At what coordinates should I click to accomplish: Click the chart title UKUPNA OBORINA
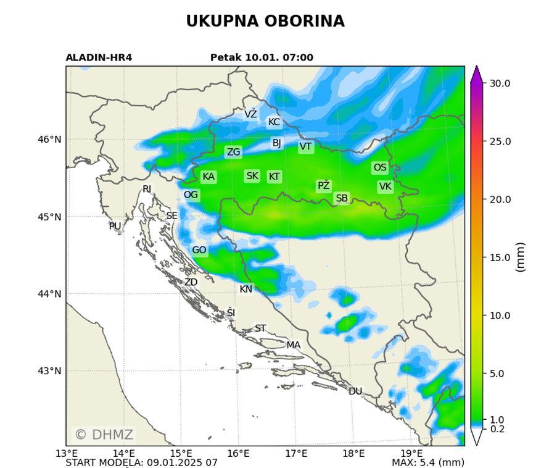[x=265, y=22]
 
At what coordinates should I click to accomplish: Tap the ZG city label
[x=233, y=152]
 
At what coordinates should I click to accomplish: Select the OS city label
[x=380, y=167]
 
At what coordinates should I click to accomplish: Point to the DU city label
[x=355, y=391]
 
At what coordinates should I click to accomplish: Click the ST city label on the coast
[x=260, y=328]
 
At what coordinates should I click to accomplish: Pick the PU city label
[x=115, y=227]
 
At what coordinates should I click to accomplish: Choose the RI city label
[x=147, y=189]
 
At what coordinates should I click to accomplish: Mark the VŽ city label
[x=250, y=114]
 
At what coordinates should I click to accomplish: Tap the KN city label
[x=246, y=289]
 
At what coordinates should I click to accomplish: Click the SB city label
[x=342, y=198]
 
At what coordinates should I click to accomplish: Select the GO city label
[x=199, y=250]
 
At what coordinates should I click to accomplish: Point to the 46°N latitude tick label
[x=49, y=140]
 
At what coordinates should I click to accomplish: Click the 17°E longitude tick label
[x=296, y=454]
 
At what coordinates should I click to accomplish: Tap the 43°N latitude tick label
[x=49, y=371]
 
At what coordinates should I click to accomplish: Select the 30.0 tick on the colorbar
[x=500, y=83]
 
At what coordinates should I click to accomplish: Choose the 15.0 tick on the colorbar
[x=500, y=257]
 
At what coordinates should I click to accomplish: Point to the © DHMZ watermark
[x=104, y=435]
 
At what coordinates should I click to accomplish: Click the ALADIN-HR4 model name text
[x=99, y=58]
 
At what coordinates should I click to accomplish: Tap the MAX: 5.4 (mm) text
[x=428, y=462]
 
